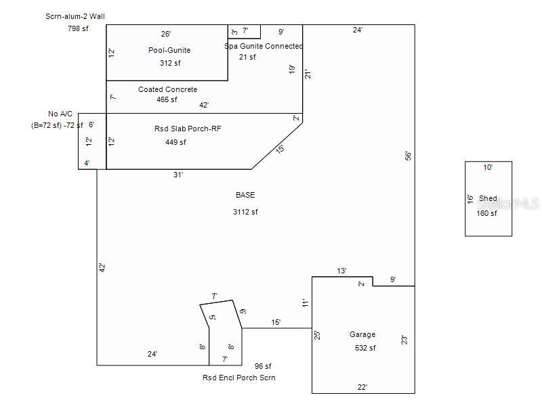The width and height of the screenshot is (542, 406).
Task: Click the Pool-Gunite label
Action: (169, 50)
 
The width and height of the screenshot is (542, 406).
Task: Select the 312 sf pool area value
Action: (170, 63)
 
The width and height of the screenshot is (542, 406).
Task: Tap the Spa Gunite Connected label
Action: (264, 46)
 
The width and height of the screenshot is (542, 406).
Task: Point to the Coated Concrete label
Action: (168, 89)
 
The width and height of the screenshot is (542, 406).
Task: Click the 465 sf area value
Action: (167, 99)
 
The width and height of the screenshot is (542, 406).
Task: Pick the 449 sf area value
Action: (175, 142)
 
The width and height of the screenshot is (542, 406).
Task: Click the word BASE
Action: (245, 195)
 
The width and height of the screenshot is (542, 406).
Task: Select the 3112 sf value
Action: (245, 212)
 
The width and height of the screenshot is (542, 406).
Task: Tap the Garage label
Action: (362, 334)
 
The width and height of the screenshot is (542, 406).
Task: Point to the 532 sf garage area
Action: (365, 348)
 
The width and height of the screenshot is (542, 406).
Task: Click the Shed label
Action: (488, 198)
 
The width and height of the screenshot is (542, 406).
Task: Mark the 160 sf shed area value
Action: (486, 213)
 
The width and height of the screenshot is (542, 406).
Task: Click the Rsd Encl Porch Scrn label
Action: (239, 378)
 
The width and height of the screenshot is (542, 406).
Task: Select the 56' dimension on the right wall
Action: (408, 156)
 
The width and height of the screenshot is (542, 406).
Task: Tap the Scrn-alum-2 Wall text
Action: (75, 16)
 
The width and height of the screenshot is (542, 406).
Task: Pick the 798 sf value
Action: (78, 28)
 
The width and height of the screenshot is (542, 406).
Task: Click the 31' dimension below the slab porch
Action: (178, 175)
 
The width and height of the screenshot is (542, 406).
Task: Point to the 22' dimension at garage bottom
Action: (362, 387)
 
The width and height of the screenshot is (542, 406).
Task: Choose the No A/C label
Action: (60, 114)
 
